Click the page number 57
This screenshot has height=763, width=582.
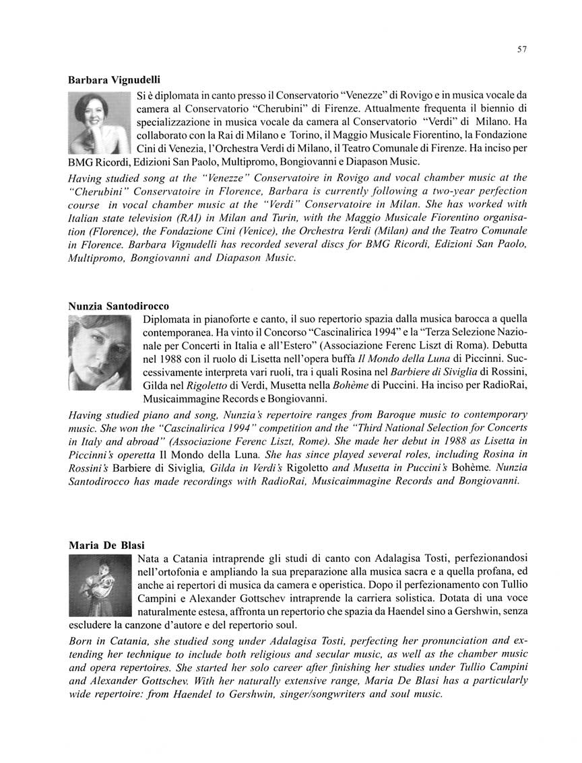pos(522,50)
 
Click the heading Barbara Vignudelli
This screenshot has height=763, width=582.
pos(114,79)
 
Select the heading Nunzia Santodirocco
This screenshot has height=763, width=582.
pos(119,305)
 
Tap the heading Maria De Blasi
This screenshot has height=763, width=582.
pos(106,545)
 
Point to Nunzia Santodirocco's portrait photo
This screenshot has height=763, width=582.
pos(100,352)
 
